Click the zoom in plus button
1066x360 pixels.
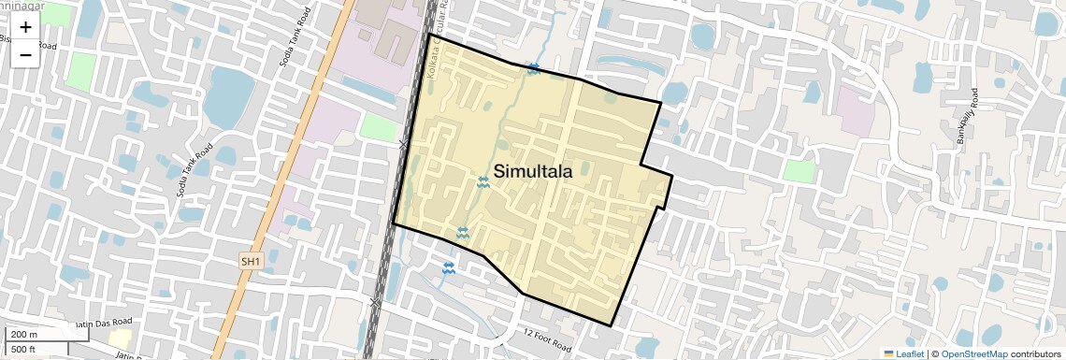pos(25,26)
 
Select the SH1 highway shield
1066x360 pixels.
pos(250,262)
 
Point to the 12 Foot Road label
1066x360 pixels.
pos(547,340)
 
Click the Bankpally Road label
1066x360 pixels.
pos(966,117)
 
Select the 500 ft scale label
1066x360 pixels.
pos(24,350)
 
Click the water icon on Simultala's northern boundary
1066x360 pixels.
pos(532,69)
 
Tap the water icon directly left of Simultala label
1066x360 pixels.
pos(483,182)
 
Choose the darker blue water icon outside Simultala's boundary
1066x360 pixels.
pos(449,268)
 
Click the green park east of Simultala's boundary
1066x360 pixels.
pos(799,171)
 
